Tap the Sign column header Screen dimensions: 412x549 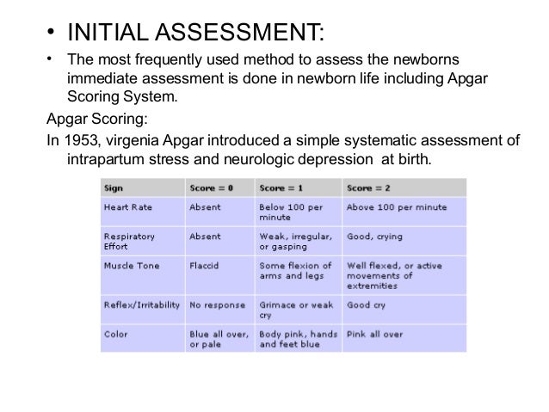point(114,188)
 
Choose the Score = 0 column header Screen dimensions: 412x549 point(210,188)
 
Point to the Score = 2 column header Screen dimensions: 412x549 point(367,188)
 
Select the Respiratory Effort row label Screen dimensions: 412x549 point(129,241)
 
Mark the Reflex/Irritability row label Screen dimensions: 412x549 point(140,304)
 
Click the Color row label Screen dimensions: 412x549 point(115,333)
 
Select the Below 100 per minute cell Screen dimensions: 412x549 point(290,212)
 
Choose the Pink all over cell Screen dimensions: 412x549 point(374,333)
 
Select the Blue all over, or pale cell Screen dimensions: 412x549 point(219,338)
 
